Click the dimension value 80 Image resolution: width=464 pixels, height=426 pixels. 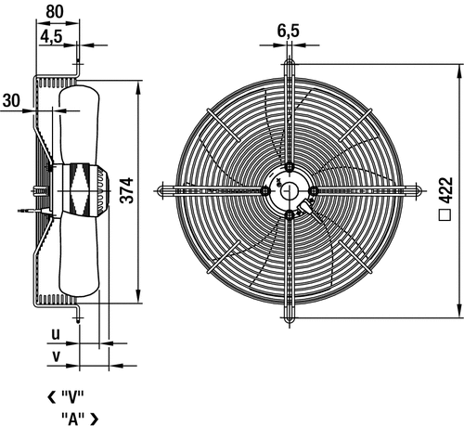(55, 12)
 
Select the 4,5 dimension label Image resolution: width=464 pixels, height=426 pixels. (51, 37)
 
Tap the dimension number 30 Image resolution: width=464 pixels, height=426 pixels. (11, 100)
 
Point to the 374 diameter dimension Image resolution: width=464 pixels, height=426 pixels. (127, 190)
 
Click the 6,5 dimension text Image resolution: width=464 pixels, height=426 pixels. (289, 31)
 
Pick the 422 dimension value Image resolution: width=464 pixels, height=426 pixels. (445, 190)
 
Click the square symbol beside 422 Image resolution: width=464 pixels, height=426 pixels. (445, 215)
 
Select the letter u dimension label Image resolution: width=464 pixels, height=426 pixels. (56, 335)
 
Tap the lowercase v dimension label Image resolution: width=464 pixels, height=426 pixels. (56, 357)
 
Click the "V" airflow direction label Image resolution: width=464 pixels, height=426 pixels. (73, 397)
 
